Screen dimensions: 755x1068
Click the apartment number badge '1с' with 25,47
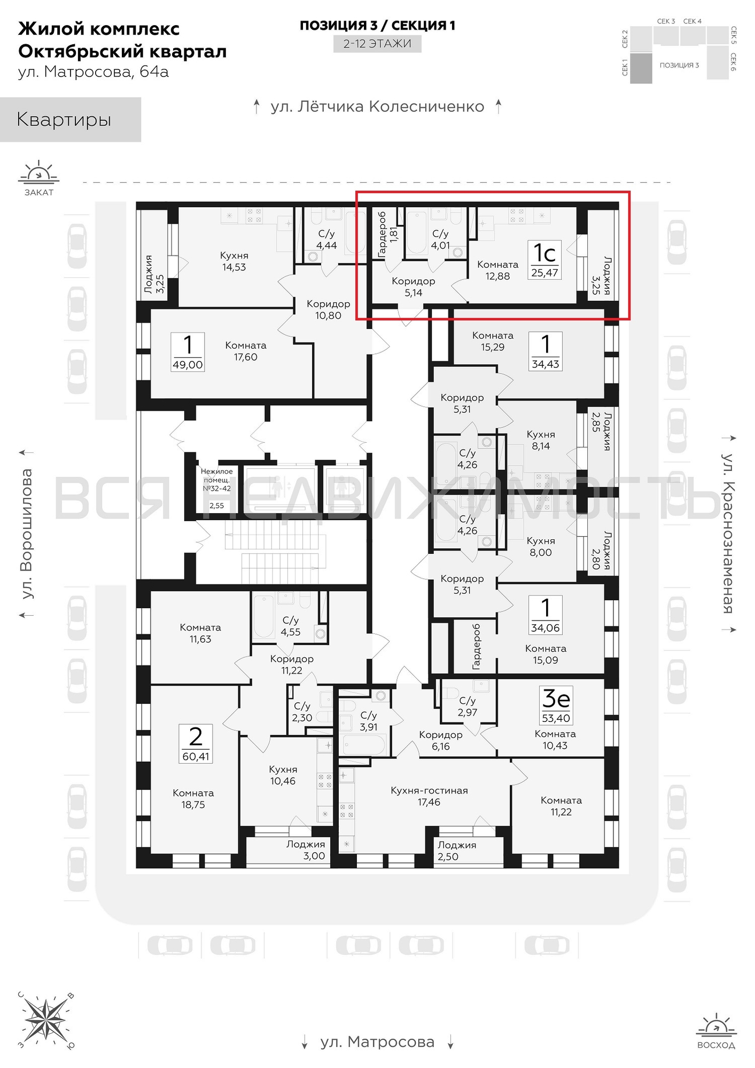(x=545, y=260)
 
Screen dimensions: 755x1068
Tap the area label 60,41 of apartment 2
(x=196, y=756)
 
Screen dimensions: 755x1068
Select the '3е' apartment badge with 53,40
(x=556, y=705)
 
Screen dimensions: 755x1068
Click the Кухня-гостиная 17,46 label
(x=429, y=796)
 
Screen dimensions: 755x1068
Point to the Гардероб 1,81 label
(x=388, y=234)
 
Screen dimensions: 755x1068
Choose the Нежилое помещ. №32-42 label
(x=216, y=480)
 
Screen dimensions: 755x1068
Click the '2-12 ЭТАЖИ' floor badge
(x=377, y=44)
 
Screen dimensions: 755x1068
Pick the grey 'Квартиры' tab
(x=71, y=120)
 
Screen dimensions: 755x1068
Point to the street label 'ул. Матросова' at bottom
(x=377, y=1042)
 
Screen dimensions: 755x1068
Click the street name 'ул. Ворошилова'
(x=27, y=533)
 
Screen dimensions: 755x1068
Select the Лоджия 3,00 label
(x=306, y=850)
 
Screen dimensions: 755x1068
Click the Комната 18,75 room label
(x=193, y=798)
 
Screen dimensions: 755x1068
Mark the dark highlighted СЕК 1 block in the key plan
(x=641, y=68)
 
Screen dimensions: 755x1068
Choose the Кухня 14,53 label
(x=234, y=261)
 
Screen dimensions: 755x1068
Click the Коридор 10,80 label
(x=328, y=309)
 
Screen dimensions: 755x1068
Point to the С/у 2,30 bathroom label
(x=302, y=712)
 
